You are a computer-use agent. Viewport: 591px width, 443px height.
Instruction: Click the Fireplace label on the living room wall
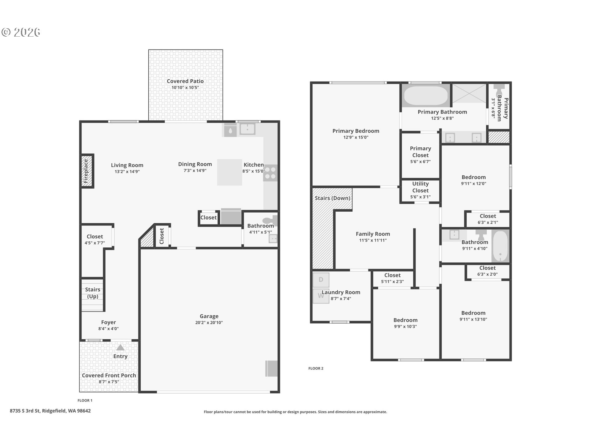[86, 171]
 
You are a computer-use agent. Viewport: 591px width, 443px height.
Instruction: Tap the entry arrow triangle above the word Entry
[120, 348]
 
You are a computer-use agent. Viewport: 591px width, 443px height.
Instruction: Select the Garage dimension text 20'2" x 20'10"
[209, 323]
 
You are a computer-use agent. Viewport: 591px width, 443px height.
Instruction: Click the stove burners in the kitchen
[270, 173]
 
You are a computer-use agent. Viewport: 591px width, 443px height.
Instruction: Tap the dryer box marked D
[321, 280]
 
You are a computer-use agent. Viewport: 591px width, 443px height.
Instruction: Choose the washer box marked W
[320, 296]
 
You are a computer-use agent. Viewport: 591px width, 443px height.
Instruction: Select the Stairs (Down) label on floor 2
[332, 198]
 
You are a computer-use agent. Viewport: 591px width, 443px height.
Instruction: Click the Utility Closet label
[420, 187]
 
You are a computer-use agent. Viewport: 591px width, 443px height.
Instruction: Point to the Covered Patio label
[185, 81]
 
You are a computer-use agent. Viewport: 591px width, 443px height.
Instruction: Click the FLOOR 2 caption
[316, 368]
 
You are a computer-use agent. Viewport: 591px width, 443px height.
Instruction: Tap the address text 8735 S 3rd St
[50, 411]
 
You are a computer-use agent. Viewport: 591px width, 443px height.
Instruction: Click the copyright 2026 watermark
[21, 32]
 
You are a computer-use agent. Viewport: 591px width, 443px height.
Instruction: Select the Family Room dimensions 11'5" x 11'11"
[373, 240]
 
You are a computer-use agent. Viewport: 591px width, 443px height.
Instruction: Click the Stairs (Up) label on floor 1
[92, 293]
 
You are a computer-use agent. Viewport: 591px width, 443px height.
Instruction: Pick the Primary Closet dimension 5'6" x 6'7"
[420, 162]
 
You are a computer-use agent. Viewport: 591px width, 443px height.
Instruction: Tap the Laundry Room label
[341, 292]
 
